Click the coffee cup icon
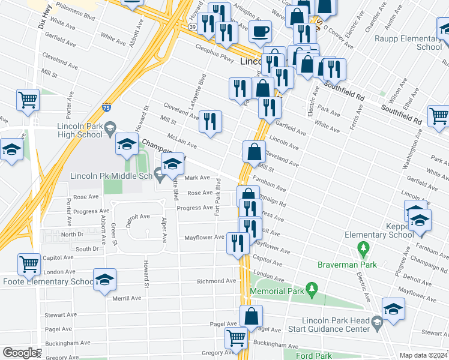tap(260, 31)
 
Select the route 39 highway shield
tap(191, 28)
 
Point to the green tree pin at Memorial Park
tap(311, 289)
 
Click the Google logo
tap(19, 353)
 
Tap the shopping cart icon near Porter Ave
tap(28, 100)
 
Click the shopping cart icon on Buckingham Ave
tap(237, 338)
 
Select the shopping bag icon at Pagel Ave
tap(252, 316)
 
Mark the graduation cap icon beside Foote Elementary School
tap(104, 279)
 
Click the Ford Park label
tap(314, 355)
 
